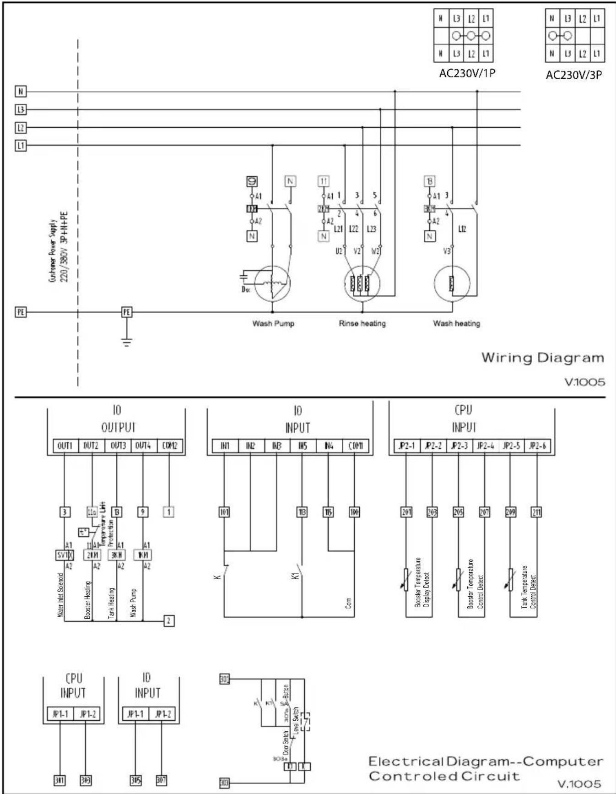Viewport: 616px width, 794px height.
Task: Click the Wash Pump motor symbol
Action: coord(272,283)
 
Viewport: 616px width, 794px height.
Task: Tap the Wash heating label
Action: coord(456,323)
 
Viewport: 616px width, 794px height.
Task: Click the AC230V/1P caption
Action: coord(467,74)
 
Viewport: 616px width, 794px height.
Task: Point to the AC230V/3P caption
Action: coord(573,75)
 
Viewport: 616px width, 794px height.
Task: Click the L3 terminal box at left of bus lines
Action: coord(21,109)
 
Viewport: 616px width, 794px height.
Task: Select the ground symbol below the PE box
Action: coord(127,342)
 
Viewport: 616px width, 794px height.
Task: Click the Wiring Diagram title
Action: coord(542,358)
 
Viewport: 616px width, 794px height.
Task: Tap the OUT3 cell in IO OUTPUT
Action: coord(118,446)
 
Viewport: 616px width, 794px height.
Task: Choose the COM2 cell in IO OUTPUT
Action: coord(170,446)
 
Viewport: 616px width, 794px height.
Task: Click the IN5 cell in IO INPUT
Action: coord(303,446)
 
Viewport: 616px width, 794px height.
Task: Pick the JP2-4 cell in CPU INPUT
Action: coord(486,446)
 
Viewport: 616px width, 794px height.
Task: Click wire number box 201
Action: coord(406,512)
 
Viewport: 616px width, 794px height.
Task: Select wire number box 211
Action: coord(536,512)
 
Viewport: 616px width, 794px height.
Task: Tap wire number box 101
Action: coord(224,512)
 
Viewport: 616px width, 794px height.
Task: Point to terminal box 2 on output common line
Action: coord(169,621)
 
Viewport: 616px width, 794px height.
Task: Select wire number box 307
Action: coord(161,780)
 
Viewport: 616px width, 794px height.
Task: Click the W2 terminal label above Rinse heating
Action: coord(374,251)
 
